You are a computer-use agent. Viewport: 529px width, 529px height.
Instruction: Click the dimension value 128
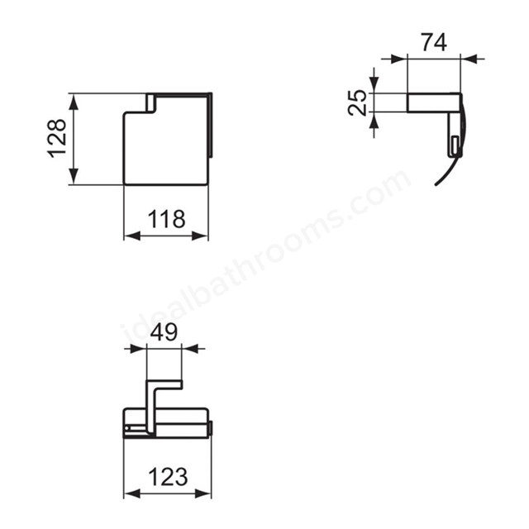(57, 138)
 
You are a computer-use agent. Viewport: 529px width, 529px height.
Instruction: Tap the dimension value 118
(167, 219)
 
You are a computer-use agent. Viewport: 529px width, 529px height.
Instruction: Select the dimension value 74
(434, 42)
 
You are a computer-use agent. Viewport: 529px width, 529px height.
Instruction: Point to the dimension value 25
(357, 102)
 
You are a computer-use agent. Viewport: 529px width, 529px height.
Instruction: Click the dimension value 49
(164, 331)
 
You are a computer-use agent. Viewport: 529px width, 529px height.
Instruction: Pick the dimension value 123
(168, 476)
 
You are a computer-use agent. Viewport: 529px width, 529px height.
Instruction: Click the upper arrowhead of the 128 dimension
(74, 102)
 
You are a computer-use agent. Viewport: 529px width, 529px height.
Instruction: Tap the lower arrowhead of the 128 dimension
(74, 176)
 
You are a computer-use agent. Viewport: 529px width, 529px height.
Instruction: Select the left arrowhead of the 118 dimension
(132, 236)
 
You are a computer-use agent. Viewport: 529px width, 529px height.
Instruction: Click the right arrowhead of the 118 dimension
(200, 236)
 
